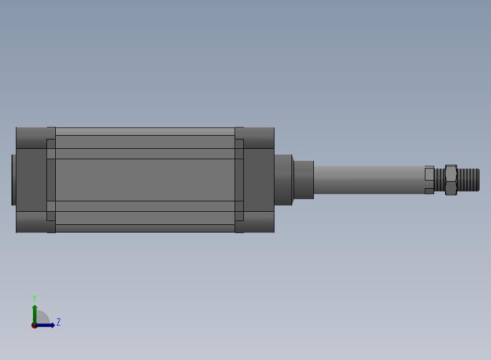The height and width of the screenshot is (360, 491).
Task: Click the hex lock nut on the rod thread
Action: [x=451, y=180]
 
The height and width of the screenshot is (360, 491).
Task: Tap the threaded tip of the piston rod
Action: [x=468, y=180]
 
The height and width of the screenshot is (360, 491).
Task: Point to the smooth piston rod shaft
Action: [x=370, y=180]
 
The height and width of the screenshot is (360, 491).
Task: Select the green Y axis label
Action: [x=34, y=298]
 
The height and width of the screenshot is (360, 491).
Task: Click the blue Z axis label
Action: [x=59, y=322]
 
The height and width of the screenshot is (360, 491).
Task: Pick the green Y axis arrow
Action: [x=35, y=315]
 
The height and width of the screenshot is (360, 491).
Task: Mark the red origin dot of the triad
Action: [x=34, y=326]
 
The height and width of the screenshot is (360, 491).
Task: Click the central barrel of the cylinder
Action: [x=145, y=180]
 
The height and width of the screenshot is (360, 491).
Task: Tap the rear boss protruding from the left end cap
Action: [x=14, y=180]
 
